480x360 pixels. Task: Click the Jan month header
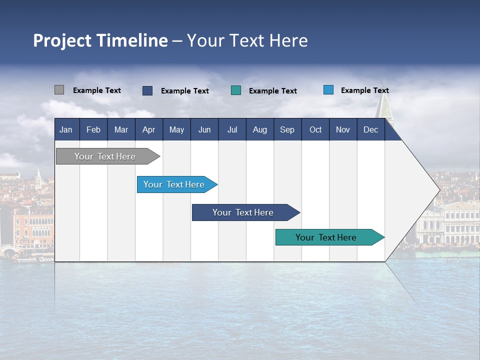tap(66, 130)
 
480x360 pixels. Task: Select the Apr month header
tap(148, 130)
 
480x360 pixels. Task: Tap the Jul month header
tap(232, 130)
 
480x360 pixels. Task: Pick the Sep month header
tap(287, 130)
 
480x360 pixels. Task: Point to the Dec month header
tap(370, 130)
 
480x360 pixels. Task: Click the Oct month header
tap(315, 130)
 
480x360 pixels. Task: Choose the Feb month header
tap(93, 130)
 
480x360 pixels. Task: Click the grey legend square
tap(59, 90)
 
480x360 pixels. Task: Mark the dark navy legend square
tap(147, 90)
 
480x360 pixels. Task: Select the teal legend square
tap(236, 90)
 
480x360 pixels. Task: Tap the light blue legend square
tap(328, 90)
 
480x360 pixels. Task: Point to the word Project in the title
tap(62, 40)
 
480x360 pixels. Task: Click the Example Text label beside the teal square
tap(272, 91)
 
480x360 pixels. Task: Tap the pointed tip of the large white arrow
tap(439, 190)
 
